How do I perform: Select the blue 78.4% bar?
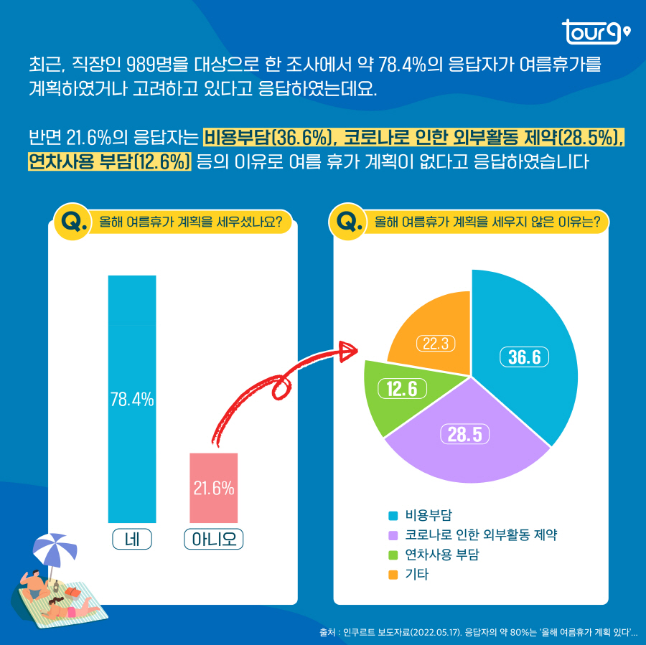132,399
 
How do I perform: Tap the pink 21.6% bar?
214,488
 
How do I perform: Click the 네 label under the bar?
132,539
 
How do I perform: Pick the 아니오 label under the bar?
214,539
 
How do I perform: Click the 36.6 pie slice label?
524,357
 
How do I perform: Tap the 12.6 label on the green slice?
402,388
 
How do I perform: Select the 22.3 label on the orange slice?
436,344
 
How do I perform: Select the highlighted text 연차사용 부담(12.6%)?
108,161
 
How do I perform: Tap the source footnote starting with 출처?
478,632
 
